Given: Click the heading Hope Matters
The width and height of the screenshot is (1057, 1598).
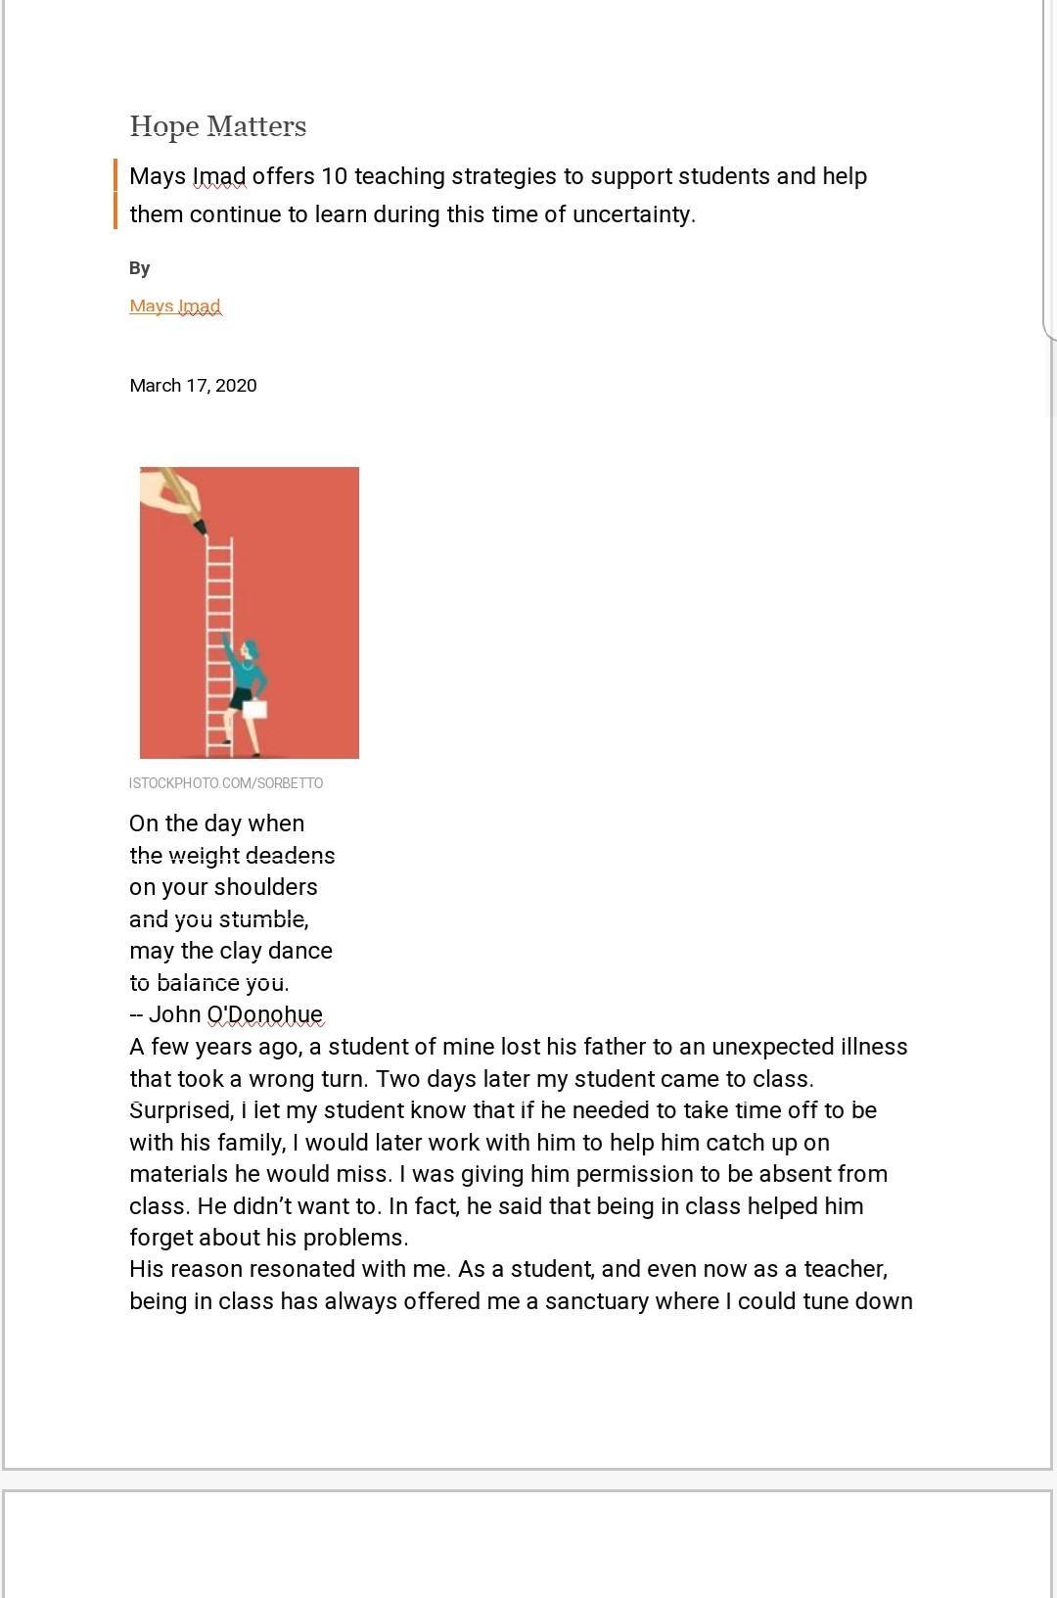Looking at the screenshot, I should (x=217, y=126).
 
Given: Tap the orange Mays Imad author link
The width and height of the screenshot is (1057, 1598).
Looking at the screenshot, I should (x=175, y=305).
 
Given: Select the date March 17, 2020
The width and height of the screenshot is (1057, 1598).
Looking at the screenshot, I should (x=193, y=385).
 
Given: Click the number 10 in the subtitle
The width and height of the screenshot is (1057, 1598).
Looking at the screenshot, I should (x=334, y=176).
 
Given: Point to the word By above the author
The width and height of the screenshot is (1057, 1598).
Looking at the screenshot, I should (x=140, y=268).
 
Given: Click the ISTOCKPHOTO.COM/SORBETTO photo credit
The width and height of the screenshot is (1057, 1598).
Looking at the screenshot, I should (x=226, y=783).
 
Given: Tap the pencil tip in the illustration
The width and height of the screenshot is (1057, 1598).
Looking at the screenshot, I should (x=202, y=529).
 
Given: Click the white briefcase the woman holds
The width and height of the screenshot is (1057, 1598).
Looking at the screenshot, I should (x=254, y=708).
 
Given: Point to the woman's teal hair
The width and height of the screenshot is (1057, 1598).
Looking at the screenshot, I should (x=252, y=649).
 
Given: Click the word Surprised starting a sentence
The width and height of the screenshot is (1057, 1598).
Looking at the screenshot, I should (x=180, y=1110).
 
